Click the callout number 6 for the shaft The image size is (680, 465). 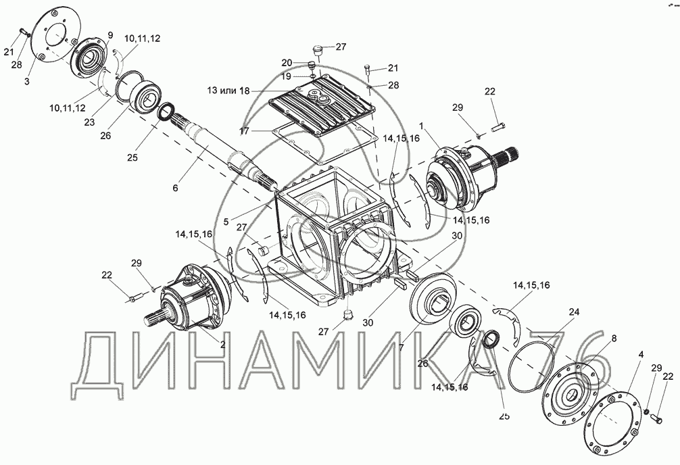click(175, 188)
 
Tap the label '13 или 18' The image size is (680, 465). click(228, 91)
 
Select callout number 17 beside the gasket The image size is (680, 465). click(245, 130)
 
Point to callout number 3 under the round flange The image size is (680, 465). click(27, 81)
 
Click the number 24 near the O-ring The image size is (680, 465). click(575, 312)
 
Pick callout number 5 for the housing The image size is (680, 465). click(226, 221)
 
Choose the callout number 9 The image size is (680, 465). click(110, 35)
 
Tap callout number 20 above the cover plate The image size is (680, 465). click(287, 63)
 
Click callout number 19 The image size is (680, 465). click(287, 77)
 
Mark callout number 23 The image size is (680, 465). click(89, 122)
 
